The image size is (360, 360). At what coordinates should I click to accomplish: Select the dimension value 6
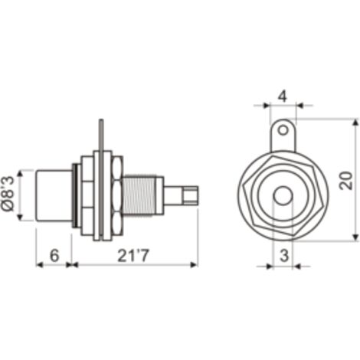click(54, 255)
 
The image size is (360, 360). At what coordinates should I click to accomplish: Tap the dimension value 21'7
click(133, 255)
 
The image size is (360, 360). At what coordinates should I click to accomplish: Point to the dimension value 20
click(346, 181)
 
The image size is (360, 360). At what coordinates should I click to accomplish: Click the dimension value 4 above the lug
click(283, 97)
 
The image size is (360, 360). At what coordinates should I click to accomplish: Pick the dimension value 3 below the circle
click(284, 256)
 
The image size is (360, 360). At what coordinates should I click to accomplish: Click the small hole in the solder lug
click(283, 130)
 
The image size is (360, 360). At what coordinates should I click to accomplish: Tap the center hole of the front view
click(283, 195)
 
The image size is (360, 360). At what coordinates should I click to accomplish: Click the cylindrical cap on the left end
click(54, 195)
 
